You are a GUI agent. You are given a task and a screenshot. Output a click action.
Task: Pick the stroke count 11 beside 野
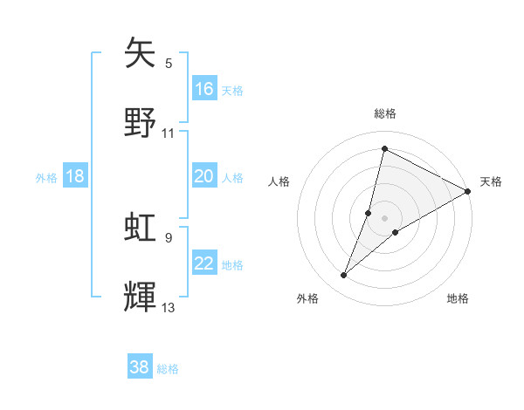click(x=169, y=133)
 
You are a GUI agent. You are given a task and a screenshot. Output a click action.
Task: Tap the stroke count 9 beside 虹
click(x=169, y=236)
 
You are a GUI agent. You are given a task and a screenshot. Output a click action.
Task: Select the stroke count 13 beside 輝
click(x=169, y=307)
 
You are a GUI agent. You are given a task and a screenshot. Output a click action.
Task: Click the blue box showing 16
click(x=204, y=89)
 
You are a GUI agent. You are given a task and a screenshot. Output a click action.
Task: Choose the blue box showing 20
click(x=204, y=177)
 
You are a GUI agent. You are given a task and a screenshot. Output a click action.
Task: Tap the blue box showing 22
click(x=204, y=264)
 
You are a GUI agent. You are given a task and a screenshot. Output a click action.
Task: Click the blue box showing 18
click(x=75, y=177)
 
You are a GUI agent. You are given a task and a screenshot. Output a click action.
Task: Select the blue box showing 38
click(x=140, y=368)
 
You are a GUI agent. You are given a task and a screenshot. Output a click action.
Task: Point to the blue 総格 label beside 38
click(x=168, y=369)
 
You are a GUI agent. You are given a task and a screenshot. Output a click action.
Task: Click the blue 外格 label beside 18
click(x=46, y=178)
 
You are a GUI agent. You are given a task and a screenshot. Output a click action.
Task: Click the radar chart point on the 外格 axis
click(x=343, y=276)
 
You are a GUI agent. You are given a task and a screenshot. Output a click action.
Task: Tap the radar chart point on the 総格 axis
click(x=384, y=149)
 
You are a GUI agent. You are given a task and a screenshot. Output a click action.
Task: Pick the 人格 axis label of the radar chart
click(x=279, y=181)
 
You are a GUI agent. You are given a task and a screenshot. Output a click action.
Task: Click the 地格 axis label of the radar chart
click(x=458, y=299)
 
